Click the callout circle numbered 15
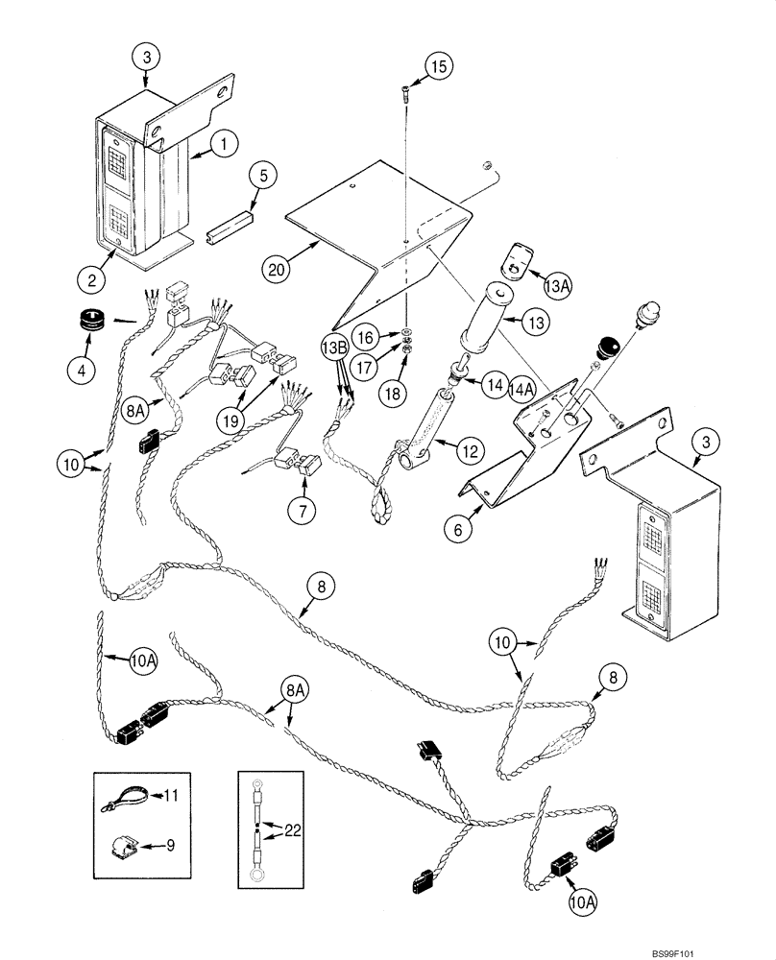coord(437,67)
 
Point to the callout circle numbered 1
coord(222,144)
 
